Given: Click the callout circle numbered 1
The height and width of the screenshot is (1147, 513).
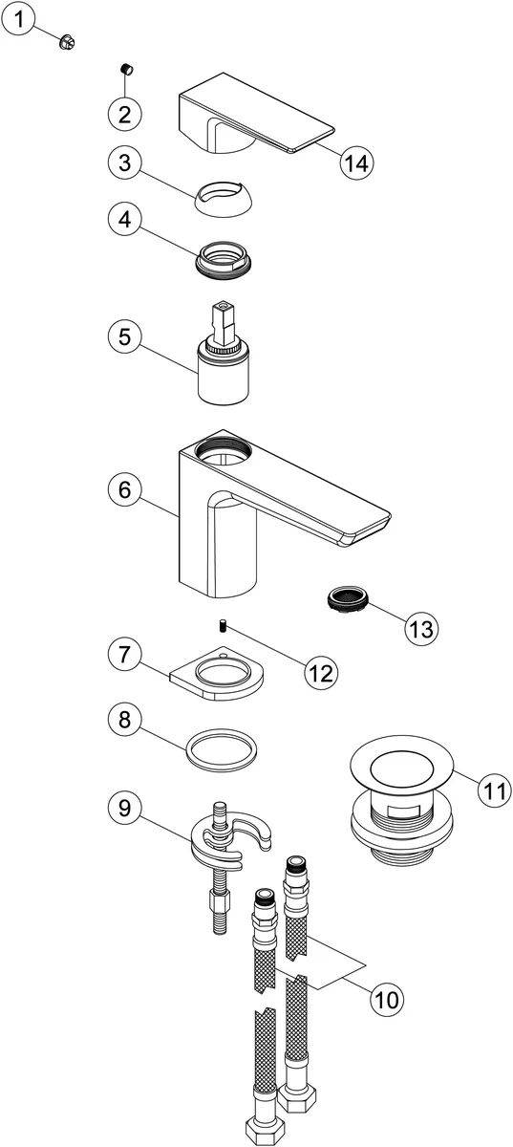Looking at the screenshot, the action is tap(18, 21).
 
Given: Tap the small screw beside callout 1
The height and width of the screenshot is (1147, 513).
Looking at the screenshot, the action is tap(68, 42).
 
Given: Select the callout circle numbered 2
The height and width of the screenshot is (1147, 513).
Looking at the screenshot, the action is tap(124, 114).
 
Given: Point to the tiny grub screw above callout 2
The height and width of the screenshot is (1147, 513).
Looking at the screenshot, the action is tap(125, 69).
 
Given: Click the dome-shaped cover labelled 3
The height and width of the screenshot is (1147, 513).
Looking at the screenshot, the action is tap(224, 199).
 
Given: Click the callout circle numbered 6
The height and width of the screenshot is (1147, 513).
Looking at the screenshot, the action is tap(124, 490).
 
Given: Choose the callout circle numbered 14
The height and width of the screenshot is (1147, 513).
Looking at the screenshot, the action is tap(357, 163).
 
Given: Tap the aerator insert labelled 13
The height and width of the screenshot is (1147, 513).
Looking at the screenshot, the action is tap(349, 598).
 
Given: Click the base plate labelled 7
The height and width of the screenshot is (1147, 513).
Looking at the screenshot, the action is tap(217, 675).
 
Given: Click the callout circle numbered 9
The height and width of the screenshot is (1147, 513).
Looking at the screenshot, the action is tap(124, 809).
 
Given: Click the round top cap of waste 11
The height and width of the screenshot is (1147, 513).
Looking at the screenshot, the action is tap(402, 766).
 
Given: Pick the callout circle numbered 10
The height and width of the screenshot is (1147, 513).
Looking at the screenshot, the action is tap(388, 999).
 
